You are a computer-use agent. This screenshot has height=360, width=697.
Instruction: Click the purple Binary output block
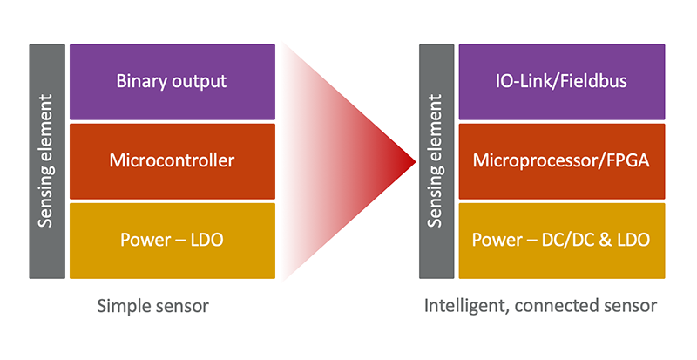[x=172, y=82]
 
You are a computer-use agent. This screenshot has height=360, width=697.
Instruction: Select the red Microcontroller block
[x=172, y=160]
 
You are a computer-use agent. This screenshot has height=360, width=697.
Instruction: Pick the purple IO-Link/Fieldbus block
[x=562, y=82]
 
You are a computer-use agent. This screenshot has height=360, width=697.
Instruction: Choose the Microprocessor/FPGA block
[x=562, y=160]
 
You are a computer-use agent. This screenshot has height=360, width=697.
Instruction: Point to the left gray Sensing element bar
[x=47, y=161]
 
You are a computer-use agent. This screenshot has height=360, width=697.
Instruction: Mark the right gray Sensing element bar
[x=437, y=161]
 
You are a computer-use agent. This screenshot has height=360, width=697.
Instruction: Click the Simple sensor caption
[x=153, y=307]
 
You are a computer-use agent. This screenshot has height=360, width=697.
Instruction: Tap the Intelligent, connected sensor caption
[x=540, y=307]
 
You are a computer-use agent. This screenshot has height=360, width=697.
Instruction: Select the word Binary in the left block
[x=139, y=82]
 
